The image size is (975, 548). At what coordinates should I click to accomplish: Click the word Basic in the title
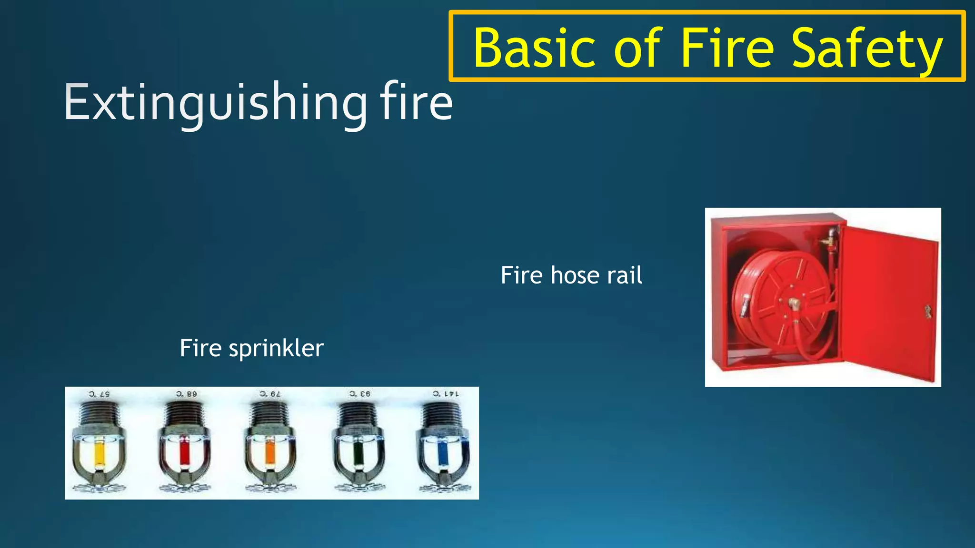pos(534,48)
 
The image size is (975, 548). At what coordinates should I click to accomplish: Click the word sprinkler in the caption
pos(276,349)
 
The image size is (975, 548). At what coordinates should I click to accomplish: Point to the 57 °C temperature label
pos(99,394)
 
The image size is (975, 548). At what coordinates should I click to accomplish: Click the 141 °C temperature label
pos(446,394)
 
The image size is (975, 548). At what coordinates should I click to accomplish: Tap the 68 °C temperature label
pos(186,394)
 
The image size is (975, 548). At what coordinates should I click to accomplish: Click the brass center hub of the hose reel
pos(793,303)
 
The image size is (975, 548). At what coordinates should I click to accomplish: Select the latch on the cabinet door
pos(927,312)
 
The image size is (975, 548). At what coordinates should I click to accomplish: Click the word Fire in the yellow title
pos(727,48)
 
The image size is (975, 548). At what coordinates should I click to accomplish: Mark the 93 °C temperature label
pos(359,394)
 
